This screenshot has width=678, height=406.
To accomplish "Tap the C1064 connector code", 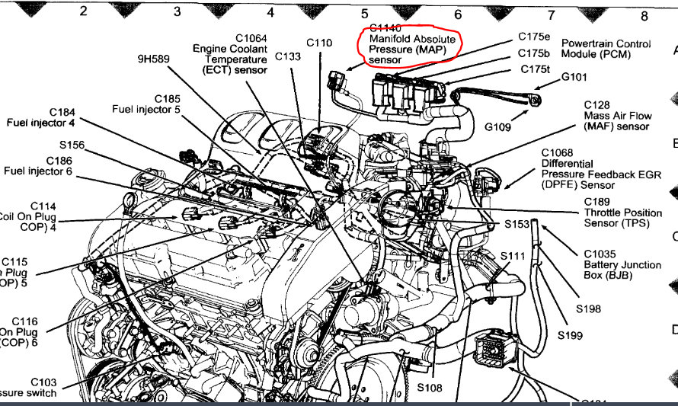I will (x=240, y=38).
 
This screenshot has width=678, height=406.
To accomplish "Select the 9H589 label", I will (x=153, y=58).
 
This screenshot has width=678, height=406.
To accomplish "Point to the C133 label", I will (x=288, y=56).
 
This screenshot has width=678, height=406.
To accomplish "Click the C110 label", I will (x=319, y=43).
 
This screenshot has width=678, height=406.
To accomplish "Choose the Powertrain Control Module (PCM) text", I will (x=600, y=49).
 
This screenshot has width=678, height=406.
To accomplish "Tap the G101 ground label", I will (x=577, y=77).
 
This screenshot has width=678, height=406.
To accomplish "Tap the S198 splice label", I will (x=589, y=308).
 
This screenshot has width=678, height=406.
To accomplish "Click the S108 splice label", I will (x=430, y=388).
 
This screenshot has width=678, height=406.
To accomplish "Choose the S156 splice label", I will (x=69, y=145).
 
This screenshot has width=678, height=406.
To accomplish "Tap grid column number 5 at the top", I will (x=364, y=13).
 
